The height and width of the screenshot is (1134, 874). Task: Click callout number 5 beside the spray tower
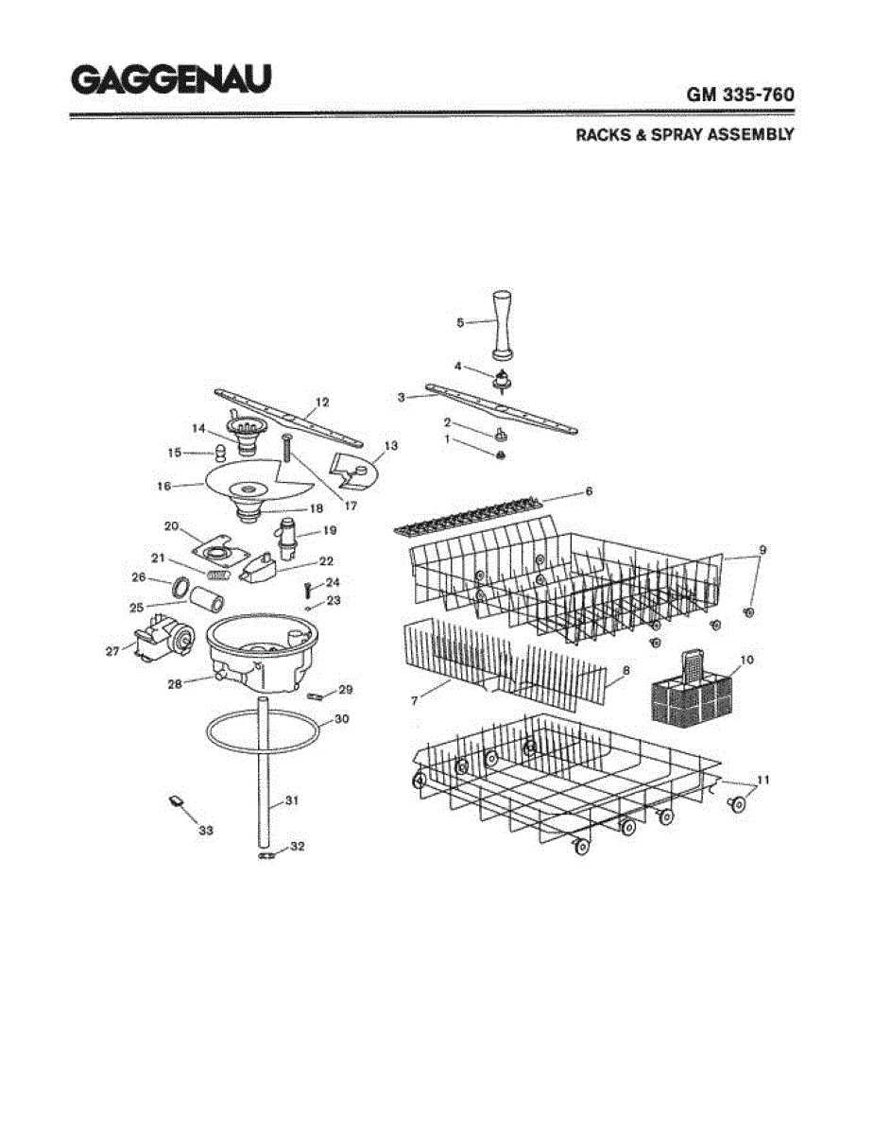coord(460,322)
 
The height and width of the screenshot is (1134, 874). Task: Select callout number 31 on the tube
coord(292,800)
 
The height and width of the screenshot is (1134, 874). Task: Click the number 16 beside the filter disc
coord(163,486)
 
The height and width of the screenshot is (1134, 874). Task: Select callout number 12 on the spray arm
coord(322,402)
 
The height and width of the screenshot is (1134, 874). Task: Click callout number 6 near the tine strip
coord(588,491)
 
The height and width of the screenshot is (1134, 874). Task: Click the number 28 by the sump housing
coord(175,683)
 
